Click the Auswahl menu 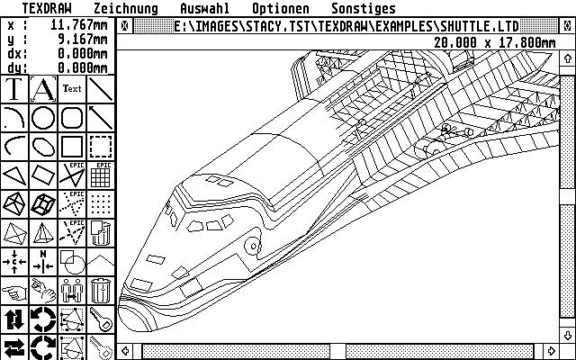click(204, 8)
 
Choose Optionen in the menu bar click(280, 8)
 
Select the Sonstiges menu click(363, 8)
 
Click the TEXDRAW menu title click(46, 8)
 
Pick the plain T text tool click(14, 90)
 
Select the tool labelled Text click(72, 90)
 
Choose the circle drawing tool click(43, 118)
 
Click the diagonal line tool click(101, 118)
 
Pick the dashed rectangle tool click(101, 147)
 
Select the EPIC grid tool click(101, 175)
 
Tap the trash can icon click(101, 291)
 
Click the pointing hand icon click(14, 291)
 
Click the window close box click(124, 25)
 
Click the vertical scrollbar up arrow click(568, 41)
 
